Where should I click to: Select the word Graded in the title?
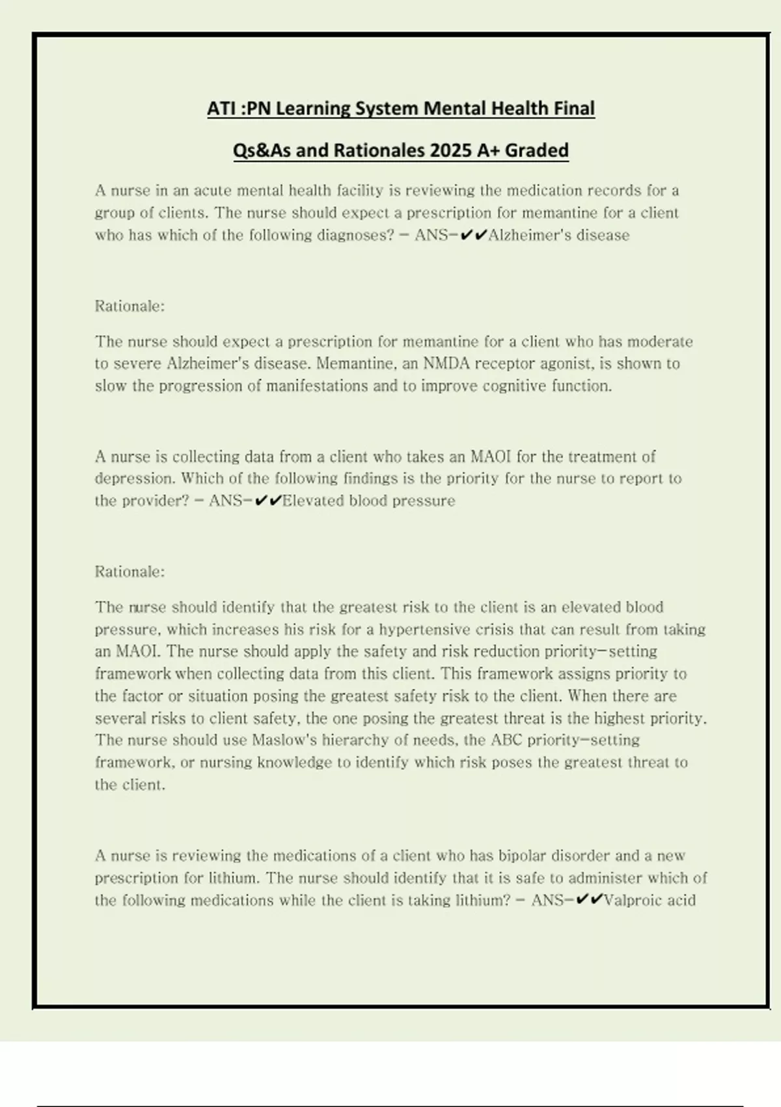536,150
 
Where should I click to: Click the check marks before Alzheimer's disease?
473,235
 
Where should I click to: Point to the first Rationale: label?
130,306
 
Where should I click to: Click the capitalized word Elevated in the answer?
313,501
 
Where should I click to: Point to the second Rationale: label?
130,572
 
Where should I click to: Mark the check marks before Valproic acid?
590,901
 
